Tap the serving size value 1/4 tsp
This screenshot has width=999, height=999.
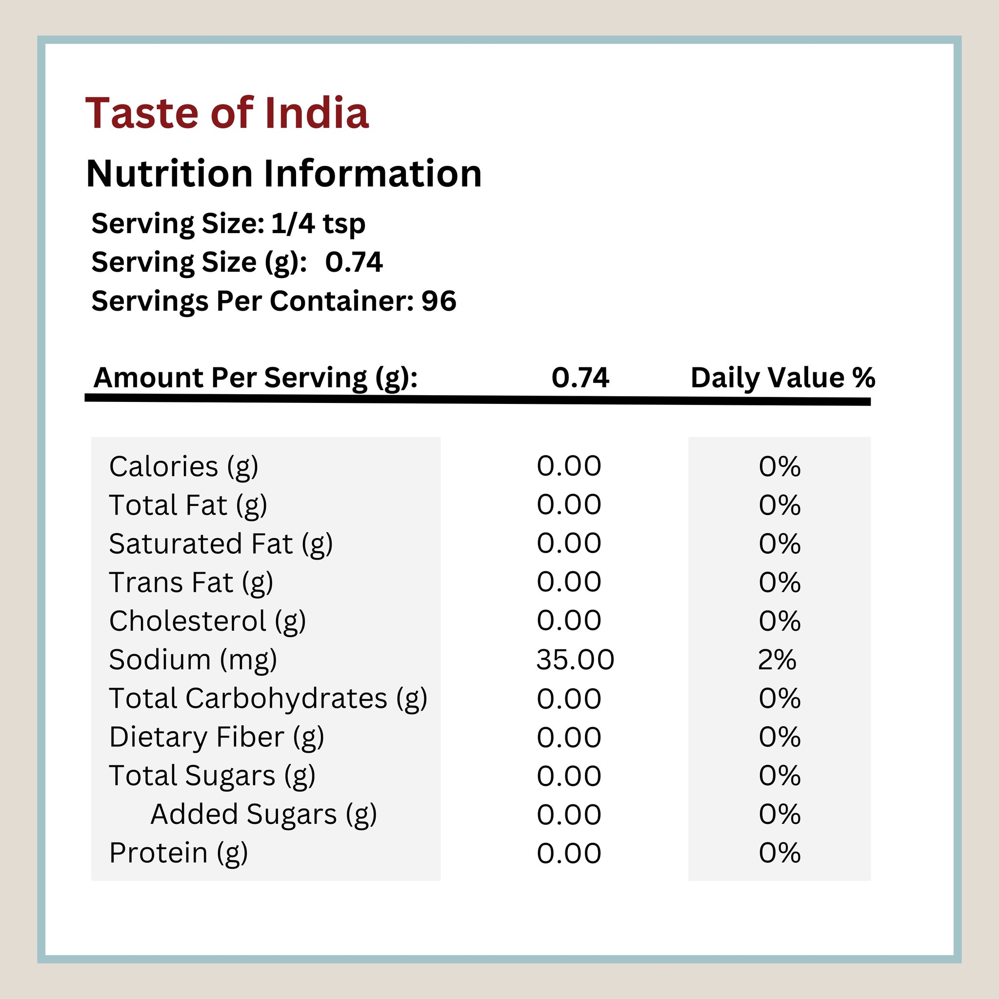coord(318,224)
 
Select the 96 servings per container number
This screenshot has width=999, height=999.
coord(439,301)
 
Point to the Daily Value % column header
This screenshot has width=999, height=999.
coord(782,378)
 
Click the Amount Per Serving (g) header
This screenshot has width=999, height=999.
coord(256,378)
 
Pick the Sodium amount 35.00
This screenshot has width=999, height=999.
coord(575,660)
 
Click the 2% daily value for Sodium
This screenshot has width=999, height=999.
coord(777,660)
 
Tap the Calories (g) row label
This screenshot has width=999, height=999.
coord(183,466)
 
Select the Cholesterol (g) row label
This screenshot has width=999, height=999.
coord(207,621)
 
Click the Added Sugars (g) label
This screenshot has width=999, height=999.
coord(263,815)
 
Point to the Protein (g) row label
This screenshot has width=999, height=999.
coord(179,853)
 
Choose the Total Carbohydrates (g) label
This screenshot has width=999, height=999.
coord(268,699)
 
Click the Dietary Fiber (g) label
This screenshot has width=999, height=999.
coord(217,738)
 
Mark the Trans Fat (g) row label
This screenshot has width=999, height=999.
coord(191,583)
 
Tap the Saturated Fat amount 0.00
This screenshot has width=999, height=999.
coord(569,544)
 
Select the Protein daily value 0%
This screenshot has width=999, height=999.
coord(779,853)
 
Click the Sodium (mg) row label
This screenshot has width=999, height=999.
coord(193,660)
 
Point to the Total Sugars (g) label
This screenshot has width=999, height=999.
coord(212,776)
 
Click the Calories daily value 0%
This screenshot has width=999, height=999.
coord(779,466)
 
